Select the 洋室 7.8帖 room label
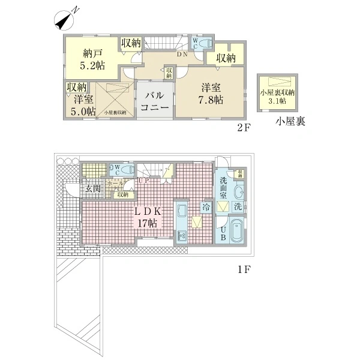(212, 92)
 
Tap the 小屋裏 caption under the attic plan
(290, 122)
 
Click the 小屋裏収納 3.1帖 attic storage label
(277, 96)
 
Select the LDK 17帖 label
(146, 217)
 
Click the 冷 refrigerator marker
(206, 207)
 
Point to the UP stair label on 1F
(144, 181)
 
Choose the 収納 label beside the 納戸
(131, 43)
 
